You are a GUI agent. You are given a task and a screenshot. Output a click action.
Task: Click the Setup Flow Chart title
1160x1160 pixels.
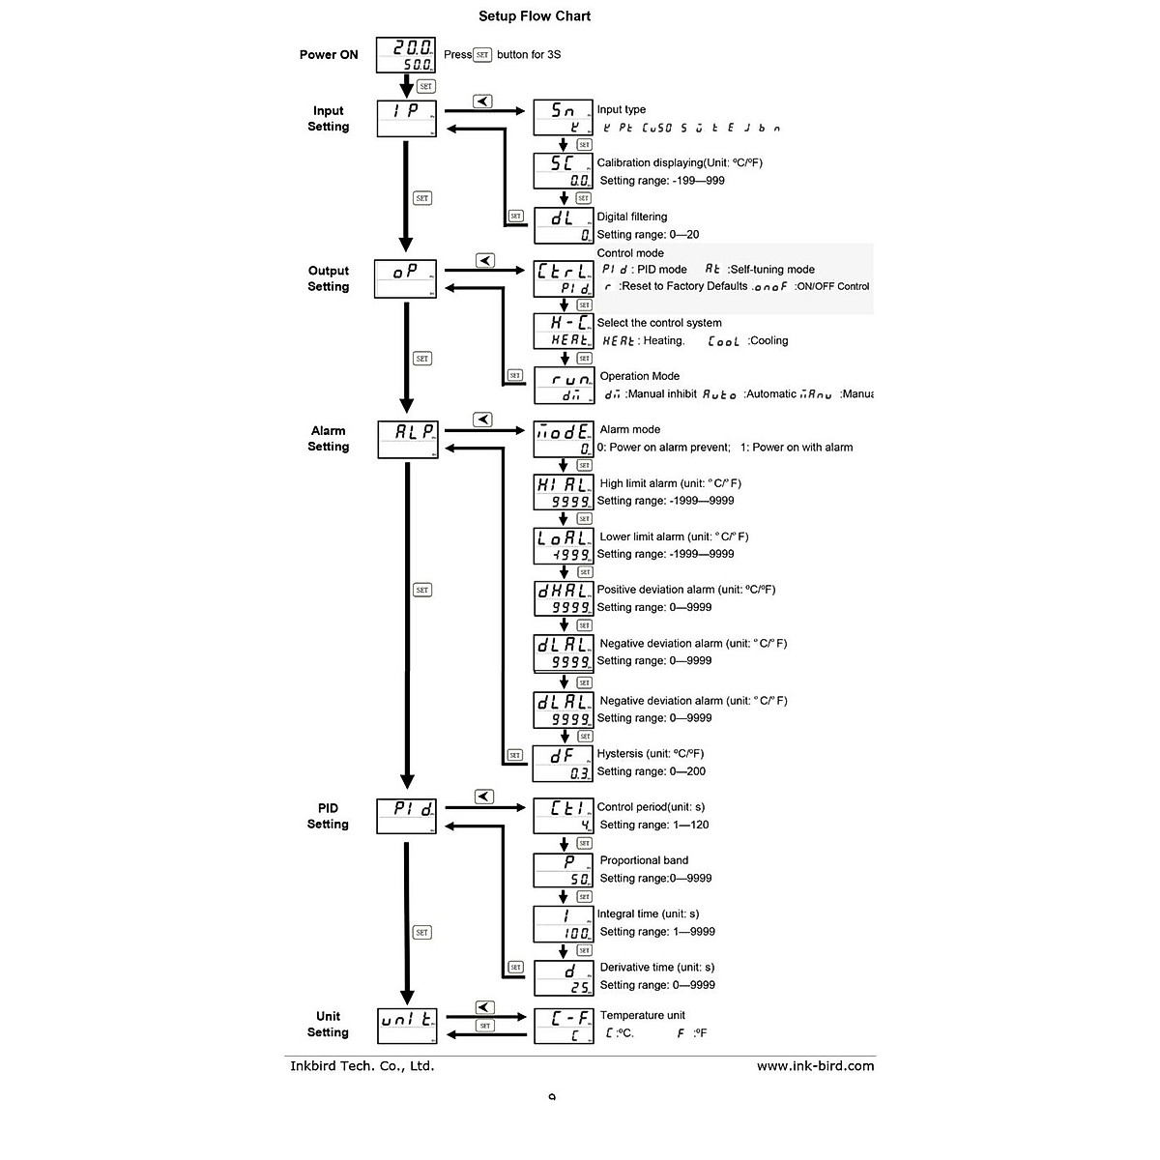[x=535, y=16]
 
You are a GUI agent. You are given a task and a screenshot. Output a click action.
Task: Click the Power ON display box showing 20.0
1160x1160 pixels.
[x=405, y=55]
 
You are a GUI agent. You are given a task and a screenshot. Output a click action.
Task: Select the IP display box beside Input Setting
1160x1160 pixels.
[x=406, y=118]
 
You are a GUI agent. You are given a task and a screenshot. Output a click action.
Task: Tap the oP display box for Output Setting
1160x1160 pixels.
[x=406, y=278]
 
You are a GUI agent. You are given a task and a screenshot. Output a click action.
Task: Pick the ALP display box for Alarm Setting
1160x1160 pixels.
[x=407, y=438]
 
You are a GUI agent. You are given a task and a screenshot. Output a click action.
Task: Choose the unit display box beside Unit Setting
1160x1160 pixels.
[x=407, y=1026]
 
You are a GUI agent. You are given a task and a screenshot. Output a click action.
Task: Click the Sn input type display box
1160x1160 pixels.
[x=563, y=118]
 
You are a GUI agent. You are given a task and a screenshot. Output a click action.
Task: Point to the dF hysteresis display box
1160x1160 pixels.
[x=562, y=764]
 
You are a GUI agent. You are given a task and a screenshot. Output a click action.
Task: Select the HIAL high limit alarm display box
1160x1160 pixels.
[x=563, y=492]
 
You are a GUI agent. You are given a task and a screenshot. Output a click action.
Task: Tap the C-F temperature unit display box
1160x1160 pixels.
[x=563, y=1026]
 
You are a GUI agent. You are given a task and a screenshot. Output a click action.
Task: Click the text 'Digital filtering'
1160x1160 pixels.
[x=632, y=217]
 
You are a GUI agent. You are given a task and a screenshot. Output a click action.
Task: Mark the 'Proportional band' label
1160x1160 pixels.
[x=644, y=860]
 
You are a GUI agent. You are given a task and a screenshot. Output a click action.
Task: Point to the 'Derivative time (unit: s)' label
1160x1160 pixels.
[x=657, y=967]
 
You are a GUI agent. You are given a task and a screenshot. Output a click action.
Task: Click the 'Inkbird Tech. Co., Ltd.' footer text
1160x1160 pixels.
[x=362, y=1066]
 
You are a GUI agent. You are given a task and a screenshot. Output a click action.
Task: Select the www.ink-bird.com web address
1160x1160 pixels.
[x=815, y=1066]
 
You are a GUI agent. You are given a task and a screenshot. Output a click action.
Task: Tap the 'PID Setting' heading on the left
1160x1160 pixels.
[x=328, y=816]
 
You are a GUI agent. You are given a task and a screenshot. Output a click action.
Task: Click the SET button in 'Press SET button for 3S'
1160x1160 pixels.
[x=483, y=55]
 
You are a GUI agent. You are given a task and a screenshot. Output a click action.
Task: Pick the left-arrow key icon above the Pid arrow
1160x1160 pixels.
[x=484, y=797]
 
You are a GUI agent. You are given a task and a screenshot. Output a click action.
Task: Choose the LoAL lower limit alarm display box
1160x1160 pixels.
[x=563, y=546]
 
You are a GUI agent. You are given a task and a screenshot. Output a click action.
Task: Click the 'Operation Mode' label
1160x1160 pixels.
[x=639, y=376]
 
